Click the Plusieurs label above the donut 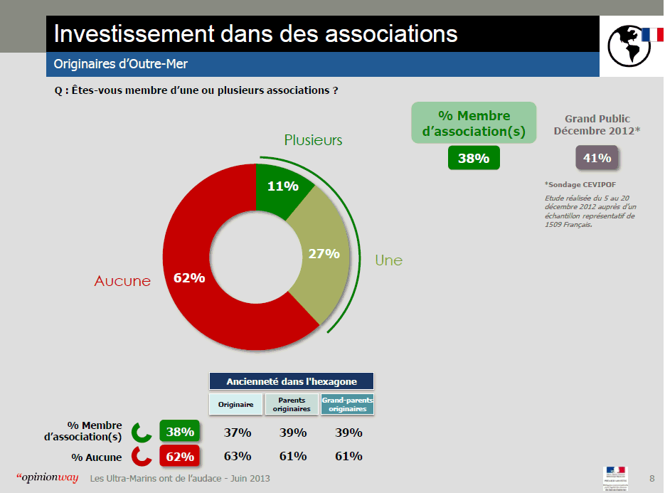(313, 140)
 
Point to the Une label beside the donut (388, 260)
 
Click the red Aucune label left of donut (122, 281)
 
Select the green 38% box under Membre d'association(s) (473, 158)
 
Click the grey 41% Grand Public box (596, 158)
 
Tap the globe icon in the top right (628, 46)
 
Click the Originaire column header (235, 404)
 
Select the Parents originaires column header (292, 404)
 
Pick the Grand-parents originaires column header (348, 404)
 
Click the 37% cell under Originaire (237, 433)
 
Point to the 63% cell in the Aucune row (237, 456)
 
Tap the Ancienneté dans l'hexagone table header (291, 381)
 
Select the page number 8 (652, 477)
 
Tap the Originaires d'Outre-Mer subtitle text (121, 65)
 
